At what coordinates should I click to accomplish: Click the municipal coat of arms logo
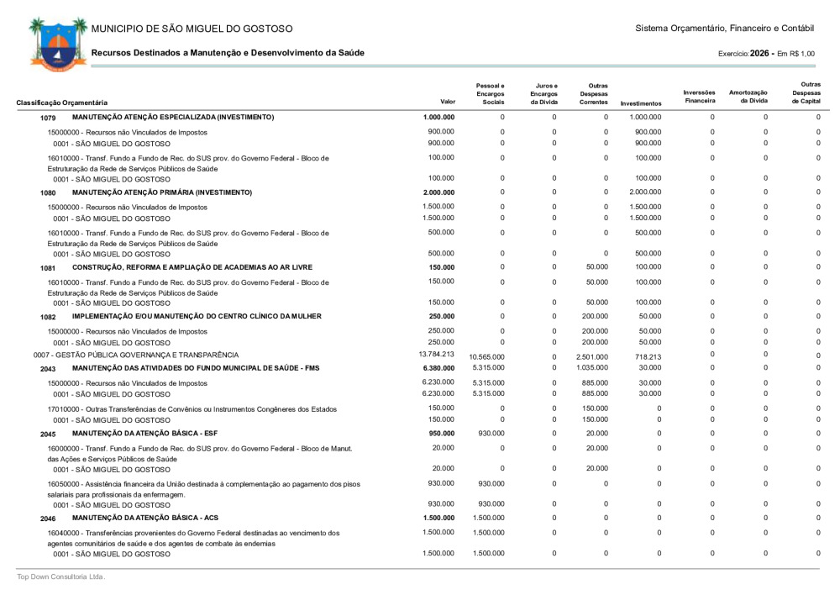click(56, 42)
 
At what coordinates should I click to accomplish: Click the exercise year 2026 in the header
click(761, 53)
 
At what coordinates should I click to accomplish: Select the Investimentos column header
click(641, 103)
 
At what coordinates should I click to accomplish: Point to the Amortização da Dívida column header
click(748, 97)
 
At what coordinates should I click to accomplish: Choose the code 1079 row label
click(47, 118)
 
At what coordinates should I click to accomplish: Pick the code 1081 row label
click(47, 268)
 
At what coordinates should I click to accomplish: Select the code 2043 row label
click(47, 369)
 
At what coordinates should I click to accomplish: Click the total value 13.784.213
click(436, 354)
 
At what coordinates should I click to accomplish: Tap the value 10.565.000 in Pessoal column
click(486, 356)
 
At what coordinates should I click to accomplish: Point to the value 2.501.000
click(592, 356)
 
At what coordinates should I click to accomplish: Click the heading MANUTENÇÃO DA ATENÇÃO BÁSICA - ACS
click(158, 518)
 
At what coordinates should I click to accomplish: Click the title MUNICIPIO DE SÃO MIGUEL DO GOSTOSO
click(192, 29)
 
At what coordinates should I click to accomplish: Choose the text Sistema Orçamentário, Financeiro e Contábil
click(726, 29)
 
